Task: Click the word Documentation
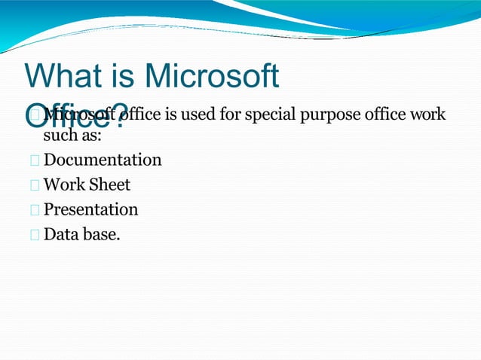[103, 160]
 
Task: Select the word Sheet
[110, 185]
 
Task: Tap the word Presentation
[91, 209]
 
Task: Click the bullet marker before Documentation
[35, 160]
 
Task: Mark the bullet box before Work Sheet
[35, 185]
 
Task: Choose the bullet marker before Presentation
[35, 209]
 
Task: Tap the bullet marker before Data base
[35, 234]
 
